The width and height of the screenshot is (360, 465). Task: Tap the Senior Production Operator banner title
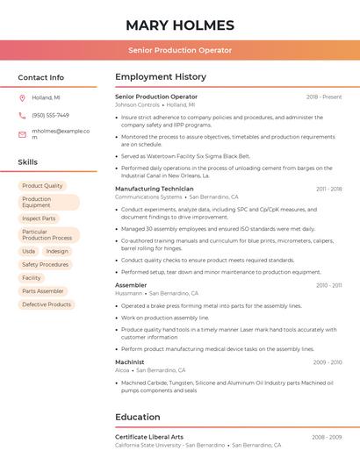(180, 50)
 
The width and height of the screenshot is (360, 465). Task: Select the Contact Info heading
(40, 77)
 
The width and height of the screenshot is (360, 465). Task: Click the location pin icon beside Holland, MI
(22, 98)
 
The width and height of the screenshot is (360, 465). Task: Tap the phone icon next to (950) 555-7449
(22, 115)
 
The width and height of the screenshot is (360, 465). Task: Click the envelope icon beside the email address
(22, 134)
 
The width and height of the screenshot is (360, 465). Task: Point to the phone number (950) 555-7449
(50, 115)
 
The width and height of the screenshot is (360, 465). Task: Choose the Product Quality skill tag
(42, 186)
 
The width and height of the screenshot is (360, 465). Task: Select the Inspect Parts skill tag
(39, 218)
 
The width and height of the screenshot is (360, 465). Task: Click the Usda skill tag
(29, 251)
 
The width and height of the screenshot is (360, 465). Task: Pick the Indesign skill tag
(57, 251)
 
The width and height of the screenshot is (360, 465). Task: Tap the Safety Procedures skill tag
(45, 264)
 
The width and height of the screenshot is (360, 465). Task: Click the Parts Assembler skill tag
(43, 291)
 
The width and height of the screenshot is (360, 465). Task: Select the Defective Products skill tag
(47, 304)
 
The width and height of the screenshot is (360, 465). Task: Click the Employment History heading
(160, 77)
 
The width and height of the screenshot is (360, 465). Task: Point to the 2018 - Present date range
(324, 97)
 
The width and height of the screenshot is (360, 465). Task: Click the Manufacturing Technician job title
(155, 189)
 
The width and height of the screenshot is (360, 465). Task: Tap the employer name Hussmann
(128, 293)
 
